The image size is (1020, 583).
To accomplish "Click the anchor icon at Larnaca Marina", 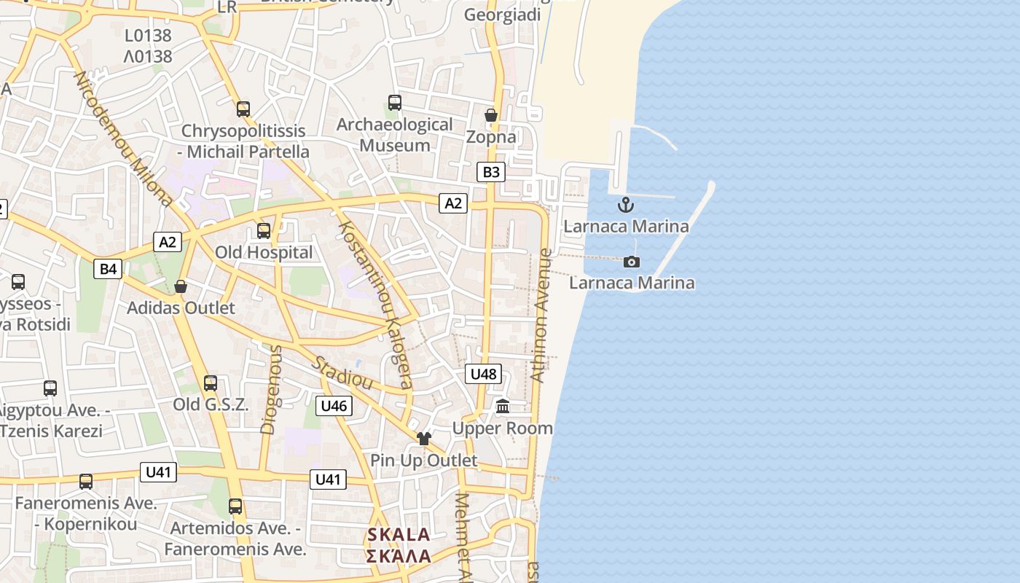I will pyautogui.click(x=626, y=205).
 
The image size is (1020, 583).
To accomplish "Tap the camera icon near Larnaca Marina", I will pyautogui.click(x=632, y=262).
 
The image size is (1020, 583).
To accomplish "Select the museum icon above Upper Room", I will pyautogui.click(x=503, y=407).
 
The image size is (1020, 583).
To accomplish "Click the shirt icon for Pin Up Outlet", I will pyautogui.click(x=424, y=439).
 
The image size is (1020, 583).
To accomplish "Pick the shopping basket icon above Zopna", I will pyautogui.click(x=491, y=115).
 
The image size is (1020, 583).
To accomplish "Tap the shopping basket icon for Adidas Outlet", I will pyautogui.click(x=181, y=286).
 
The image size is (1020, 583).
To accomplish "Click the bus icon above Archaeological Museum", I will pyautogui.click(x=395, y=103).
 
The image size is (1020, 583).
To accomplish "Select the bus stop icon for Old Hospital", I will pyautogui.click(x=264, y=231).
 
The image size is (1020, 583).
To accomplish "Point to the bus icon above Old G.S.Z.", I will pyautogui.click(x=211, y=383).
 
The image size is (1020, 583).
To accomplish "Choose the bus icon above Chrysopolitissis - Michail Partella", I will pyautogui.click(x=243, y=109).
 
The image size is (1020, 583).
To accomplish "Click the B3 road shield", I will pyautogui.click(x=491, y=172).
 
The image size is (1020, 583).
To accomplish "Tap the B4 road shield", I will pyautogui.click(x=108, y=269).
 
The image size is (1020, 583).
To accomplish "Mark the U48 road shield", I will pyautogui.click(x=483, y=374).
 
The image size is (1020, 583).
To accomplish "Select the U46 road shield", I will pyautogui.click(x=334, y=406).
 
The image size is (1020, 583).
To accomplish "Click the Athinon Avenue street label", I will pyautogui.click(x=541, y=316).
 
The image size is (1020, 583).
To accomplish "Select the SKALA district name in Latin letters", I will pyautogui.click(x=399, y=534).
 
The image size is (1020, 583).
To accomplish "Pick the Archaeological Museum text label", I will pyautogui.click(x=395, y=135).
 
